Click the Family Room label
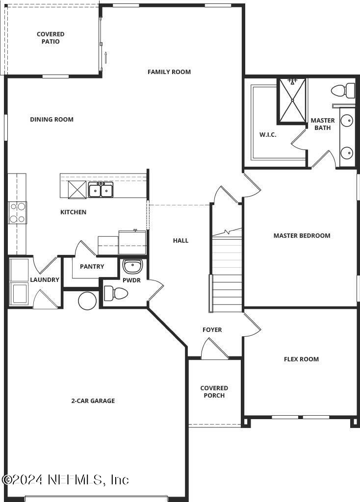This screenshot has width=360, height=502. tap(169, 72)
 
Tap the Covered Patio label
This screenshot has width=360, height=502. tap(51, 38)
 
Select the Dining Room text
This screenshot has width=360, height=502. tap(51, 119)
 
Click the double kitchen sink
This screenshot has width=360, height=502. tap(101, 189)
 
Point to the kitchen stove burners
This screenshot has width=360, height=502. tap(17, 213)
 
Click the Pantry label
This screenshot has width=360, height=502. tap(92, 267)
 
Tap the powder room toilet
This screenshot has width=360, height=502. tap(116, 294)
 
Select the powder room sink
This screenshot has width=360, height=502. tap(132, 267)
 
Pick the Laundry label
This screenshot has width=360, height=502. tap(45, 280)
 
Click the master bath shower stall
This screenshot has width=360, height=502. tap(292, 100)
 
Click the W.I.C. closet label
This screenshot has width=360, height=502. tap(268, 135)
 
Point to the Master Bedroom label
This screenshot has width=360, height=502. tap(302, 235)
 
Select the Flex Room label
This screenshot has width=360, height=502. tap(301, 359)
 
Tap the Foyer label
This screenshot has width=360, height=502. tap(212, 330)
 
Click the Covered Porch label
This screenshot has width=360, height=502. tap(214, 392)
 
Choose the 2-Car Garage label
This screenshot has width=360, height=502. tap(93, 401)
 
